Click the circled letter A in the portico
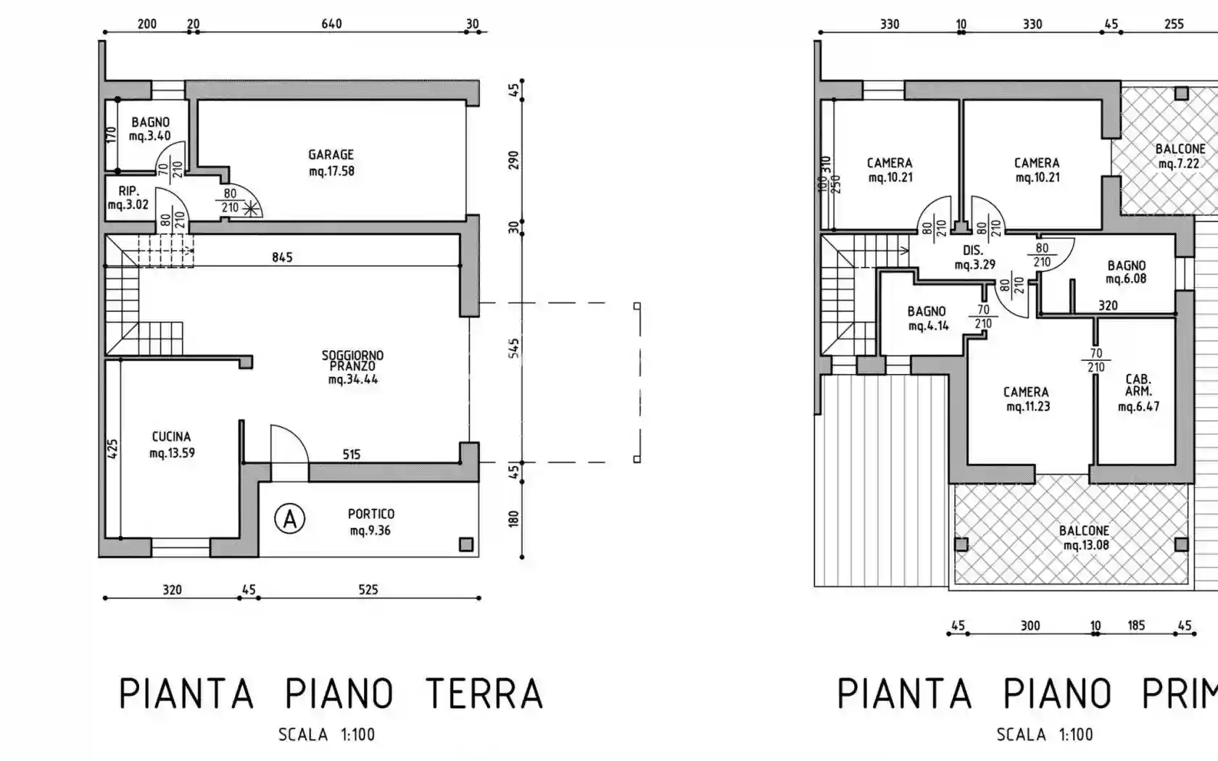pyautogui.click(x=289, y=519)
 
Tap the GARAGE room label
pyautogui.click(x=331, y=162)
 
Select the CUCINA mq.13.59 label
pyautogui.click(x=172, y=445)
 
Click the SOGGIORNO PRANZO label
pyautogui.click(x=352, y=367)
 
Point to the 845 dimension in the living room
pyautogui.click(x=282, y=257)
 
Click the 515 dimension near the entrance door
pyautogui.click(x=352, y=454)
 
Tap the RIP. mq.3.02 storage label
pyautogui.click(x=128, y=198)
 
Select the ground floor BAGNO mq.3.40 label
pyautogui.click(x=150, y=129)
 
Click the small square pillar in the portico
pyautogui.click(x=466, y=544)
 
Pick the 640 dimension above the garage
pyautogui.click(x=331, y=24)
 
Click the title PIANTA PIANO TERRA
pyautogui.click(x=331, y=694)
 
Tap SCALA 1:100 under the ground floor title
pyautogui.click(x=326, y=735)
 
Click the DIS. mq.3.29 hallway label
pyautogui.click(x=974, y=257)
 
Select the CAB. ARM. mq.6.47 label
pyautogui.click(x=1138, y=393)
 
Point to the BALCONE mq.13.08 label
pyautogui.click(x=1085, y=538)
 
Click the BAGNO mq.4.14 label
pyautogui.click(x=927, y=318)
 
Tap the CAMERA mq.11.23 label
pyautogui.click(x=1027, y=399)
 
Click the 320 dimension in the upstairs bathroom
pyautogui.click(x=1107, y=306)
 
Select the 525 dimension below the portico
pyautogui.click(x=368, y=590)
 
